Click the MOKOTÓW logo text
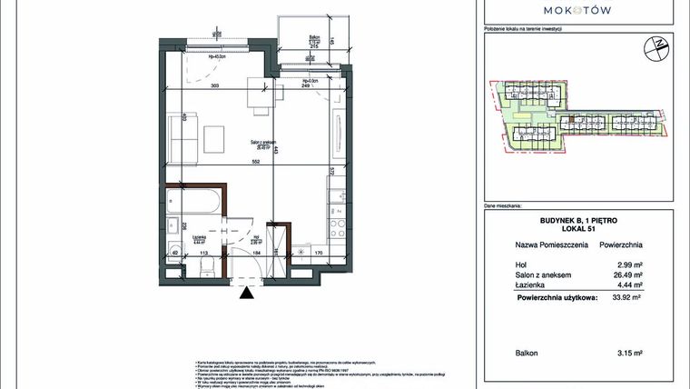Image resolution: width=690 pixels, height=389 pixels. (576, 9)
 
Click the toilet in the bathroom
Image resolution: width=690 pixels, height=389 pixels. (208, 266)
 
